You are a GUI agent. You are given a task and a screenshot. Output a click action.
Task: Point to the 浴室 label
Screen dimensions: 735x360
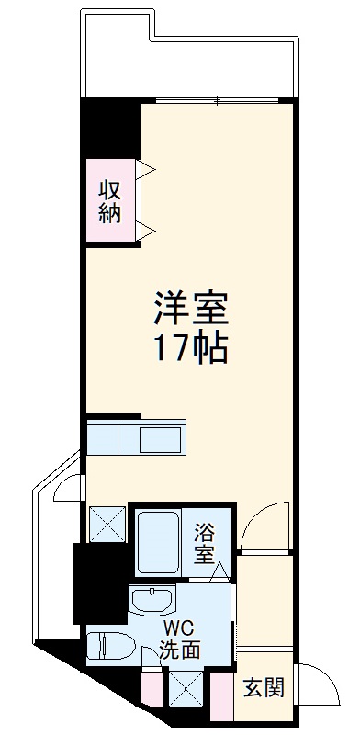[x=206, y=542]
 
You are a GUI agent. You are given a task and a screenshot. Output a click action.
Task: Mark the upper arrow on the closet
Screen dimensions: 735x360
[x=147, y=169]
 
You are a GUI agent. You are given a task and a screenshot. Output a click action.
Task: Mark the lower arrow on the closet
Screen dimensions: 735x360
[x=147, y=230]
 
